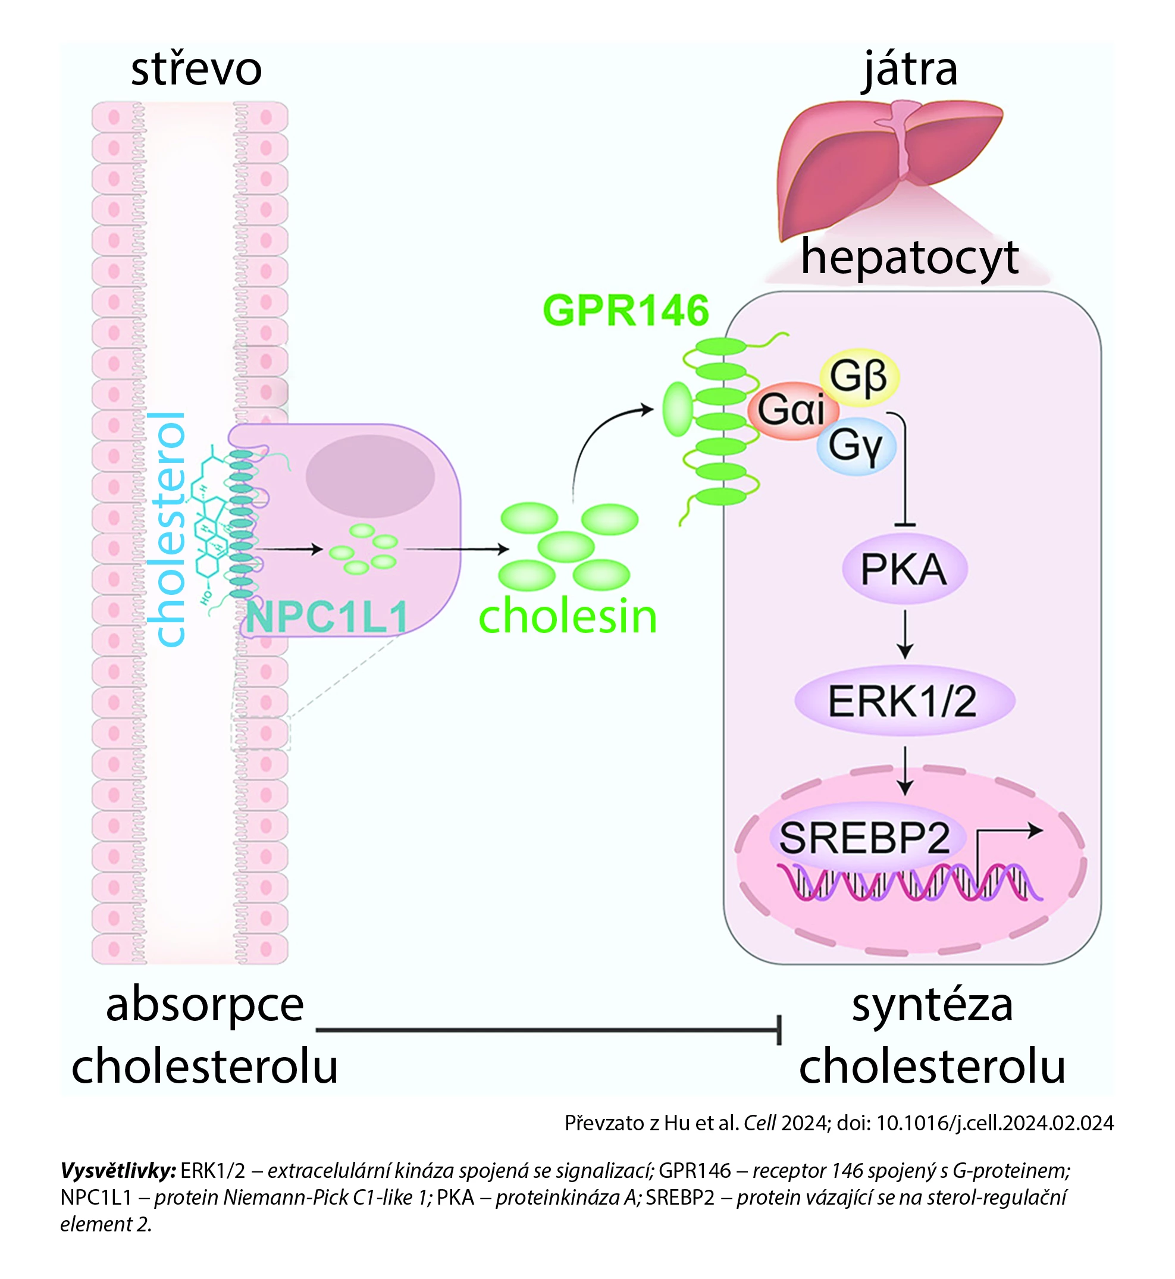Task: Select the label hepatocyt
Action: pos(909,258)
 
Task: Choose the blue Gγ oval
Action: pos(856,445)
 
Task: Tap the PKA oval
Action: pos(904,569)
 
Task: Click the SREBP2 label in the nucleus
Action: pos(864,838)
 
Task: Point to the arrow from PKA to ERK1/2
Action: pos(905,634)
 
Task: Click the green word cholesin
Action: pos(567,617)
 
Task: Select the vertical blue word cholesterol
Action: pos(167,529)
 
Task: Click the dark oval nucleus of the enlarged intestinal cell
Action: pos(370,476)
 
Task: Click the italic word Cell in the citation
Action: pos(760,1123)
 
